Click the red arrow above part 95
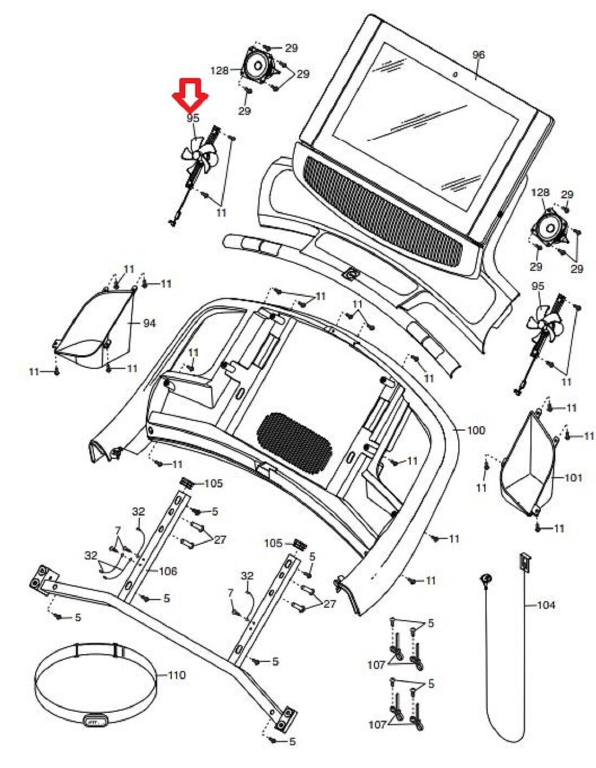click(x=190, y=94)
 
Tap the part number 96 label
click(x=478, y=55)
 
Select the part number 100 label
click(x=476, y=431)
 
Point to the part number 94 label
click(x=149, y=323)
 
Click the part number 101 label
click(x=573, y=478)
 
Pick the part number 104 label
click(x=546, y=604)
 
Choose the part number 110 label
click(x=177, y=675)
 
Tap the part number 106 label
click(x=168, y=571)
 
